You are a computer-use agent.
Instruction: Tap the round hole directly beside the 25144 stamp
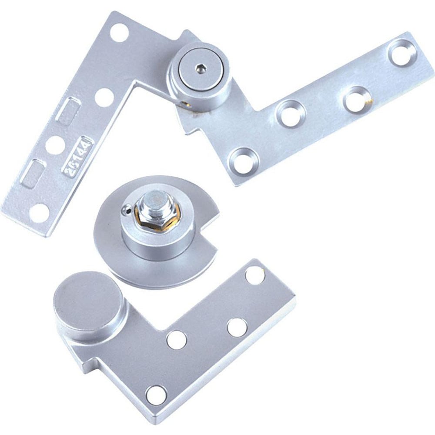pos(54,143)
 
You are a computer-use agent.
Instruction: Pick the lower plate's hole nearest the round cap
pos(176,338)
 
